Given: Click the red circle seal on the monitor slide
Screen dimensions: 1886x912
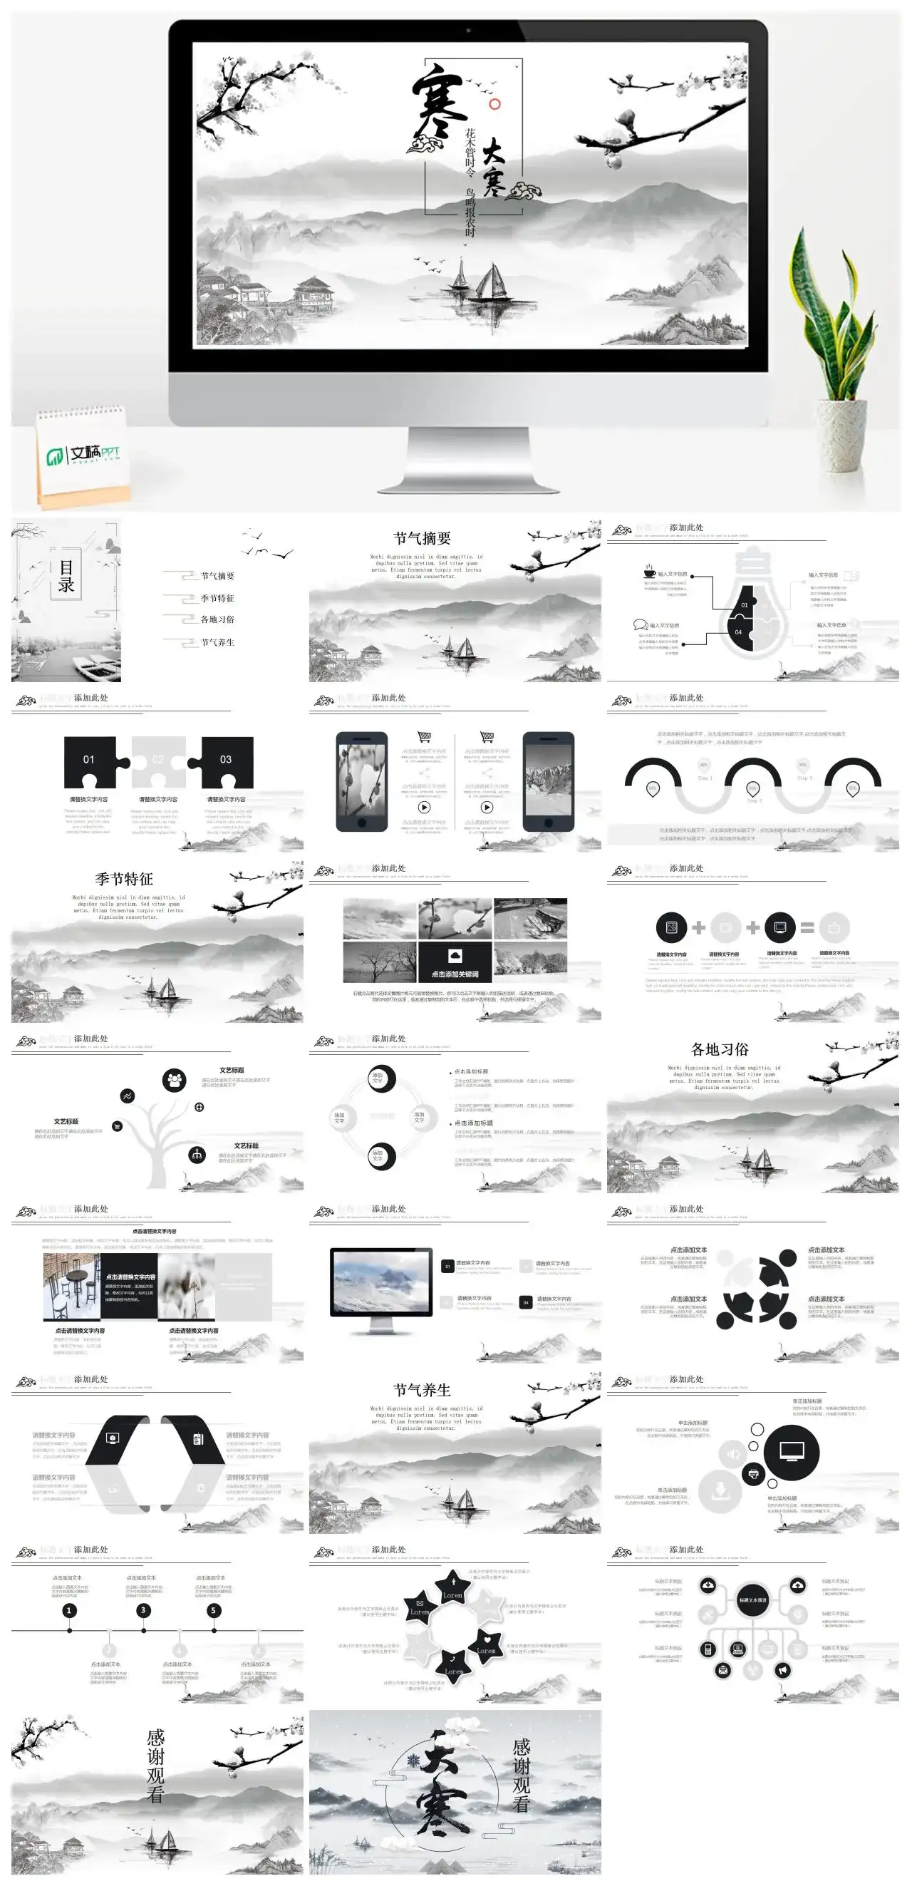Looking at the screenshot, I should click(494, 104).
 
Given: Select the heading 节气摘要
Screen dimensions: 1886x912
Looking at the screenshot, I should click(422, 538).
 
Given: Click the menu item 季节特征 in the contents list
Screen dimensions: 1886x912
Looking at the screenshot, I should click(217, 598).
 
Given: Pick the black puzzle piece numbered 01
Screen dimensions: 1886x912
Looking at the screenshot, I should click(90, 761).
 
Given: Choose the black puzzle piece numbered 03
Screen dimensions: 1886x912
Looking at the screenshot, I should click(226, 761).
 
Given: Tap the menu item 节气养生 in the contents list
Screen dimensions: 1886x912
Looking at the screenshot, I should click(217, 642).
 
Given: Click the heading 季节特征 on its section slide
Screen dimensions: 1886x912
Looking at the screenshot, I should click(124, 879).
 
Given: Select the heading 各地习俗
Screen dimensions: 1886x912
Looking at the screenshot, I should click(720, 1049).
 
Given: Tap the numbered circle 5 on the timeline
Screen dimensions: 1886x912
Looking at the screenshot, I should click(214, 1610).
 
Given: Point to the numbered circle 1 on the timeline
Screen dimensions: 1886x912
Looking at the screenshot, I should click(70, 1610).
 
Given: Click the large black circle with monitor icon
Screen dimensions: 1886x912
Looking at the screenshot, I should click(791, 1453).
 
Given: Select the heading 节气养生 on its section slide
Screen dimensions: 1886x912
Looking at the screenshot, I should click(422, 1390).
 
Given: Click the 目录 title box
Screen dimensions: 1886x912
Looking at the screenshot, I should click(66, 577).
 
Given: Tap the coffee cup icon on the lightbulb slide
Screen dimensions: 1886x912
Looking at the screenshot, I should click(649, 572).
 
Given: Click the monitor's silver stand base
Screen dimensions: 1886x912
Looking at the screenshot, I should click(468, 480).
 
